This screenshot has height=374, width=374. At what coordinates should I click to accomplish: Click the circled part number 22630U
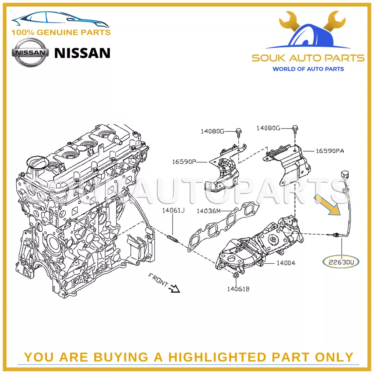click(341, 262)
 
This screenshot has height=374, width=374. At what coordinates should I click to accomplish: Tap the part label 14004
click(286, 263)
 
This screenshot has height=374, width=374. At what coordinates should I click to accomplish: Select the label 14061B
click(238, 289)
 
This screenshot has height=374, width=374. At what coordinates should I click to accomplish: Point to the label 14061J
click(173, 210)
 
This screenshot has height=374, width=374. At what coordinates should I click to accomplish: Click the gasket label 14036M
click(209, 211)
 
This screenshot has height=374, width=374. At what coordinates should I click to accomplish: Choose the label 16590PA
click(330, 151)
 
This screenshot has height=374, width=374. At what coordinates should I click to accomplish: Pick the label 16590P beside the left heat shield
click(184, 162)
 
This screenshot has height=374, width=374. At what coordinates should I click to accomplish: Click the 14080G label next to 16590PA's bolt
click(268, 128)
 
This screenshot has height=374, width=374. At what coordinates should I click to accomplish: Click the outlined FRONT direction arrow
click(175, 288)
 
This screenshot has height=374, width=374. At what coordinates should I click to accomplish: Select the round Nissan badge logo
click(30, 53)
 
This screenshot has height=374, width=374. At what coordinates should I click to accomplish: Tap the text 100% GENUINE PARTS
click(61, 32)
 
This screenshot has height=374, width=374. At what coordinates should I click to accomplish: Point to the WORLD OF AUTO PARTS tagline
click(308, 69)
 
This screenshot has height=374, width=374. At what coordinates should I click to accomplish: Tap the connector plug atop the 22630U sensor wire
click(344, 175)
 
